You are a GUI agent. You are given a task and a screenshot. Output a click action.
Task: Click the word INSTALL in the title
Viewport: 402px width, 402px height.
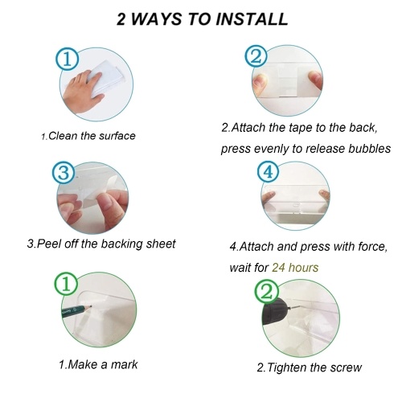(x=252, y=19)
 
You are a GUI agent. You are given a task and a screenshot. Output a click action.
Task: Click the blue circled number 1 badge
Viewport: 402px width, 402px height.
(x=67, y=59)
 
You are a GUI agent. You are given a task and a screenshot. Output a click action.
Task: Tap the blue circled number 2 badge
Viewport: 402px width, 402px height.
(x=256, y=57)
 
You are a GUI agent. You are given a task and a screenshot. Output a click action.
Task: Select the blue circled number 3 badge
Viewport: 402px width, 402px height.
(x=64, y=173)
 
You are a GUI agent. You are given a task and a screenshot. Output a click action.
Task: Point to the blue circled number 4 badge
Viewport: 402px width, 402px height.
(x=268, y=171)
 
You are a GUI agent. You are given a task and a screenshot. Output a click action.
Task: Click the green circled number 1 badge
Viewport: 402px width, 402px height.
(x=66, y=284)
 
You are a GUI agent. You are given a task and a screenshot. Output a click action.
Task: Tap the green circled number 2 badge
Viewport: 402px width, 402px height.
(x=267, y=292)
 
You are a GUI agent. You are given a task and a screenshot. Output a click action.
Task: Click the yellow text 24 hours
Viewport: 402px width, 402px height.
(x=295, y=268)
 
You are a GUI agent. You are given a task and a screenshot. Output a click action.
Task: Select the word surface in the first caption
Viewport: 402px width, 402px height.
(x=117, y=136)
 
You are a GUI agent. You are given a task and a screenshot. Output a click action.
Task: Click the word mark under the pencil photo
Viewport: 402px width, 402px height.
(x=124, y=364)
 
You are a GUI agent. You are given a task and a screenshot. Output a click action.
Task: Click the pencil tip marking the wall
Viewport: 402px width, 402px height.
(x=92, y=306)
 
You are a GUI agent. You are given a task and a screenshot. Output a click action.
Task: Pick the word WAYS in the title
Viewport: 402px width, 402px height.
(x=156, y=19)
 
